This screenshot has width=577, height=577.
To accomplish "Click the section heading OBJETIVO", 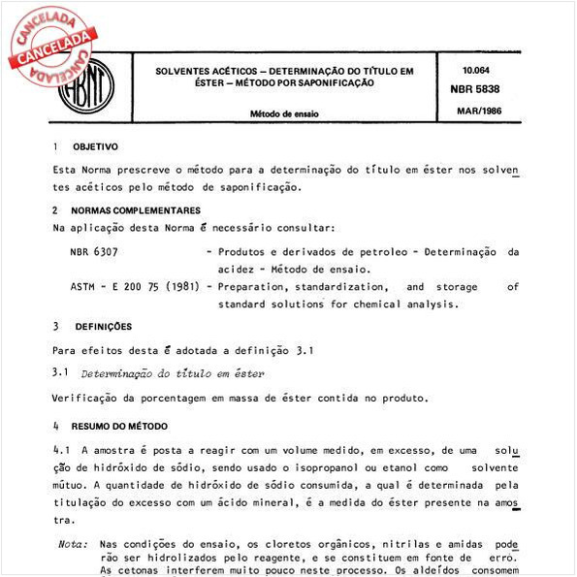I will [x=95, y=147].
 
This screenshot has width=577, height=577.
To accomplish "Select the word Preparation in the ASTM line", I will [x=258, y=287].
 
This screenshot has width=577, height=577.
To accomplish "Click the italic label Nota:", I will [x=73, y=544].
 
